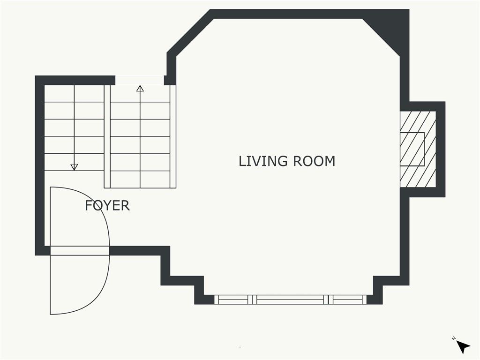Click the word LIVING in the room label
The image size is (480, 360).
pos(263,161)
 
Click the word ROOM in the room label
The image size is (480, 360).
pos(314,161)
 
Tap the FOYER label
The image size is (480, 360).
pos(107,205)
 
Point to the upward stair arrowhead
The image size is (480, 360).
pos(140,89)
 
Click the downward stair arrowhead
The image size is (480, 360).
pos(74,167)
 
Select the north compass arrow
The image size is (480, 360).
pos(463,347)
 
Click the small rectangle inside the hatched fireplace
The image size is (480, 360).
pos(412,149)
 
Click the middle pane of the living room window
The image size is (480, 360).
pos(290,300)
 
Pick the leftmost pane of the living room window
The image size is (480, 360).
pos(233,300)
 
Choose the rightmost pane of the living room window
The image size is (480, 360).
pos(347,300)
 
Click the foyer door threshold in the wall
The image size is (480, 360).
pos(80,251)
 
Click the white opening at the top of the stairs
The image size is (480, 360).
pos(140,80)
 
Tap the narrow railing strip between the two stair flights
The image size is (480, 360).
pos(107,136)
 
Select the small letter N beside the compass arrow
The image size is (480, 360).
pos(453,338)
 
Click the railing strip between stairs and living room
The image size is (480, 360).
pos(173,136)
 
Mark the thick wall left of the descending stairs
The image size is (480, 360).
pos(40,165)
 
